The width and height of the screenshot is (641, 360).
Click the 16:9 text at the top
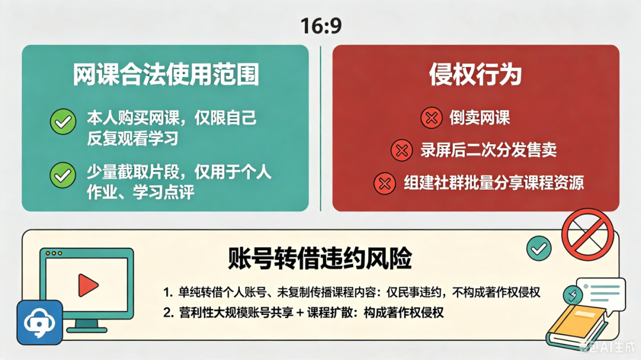321,26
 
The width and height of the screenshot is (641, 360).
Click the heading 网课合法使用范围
166,74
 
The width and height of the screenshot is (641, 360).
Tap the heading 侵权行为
475,74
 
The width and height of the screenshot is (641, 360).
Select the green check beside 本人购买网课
63,122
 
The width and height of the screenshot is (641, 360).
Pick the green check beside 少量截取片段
63,176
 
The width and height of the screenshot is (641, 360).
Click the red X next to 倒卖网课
431,118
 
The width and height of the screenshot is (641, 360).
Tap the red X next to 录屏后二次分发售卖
401,151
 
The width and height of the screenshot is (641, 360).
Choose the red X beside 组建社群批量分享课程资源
385,183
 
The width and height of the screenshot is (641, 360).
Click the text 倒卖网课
480,118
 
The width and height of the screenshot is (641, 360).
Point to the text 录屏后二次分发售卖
488,151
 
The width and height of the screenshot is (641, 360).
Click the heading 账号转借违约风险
320,259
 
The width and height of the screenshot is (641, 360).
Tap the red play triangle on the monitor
88,285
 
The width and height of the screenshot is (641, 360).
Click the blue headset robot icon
40,323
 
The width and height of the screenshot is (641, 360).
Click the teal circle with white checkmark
539,249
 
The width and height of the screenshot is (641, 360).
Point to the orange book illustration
577,327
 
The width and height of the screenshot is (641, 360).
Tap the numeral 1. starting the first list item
168,292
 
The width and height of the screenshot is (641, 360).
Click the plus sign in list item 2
300,313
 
